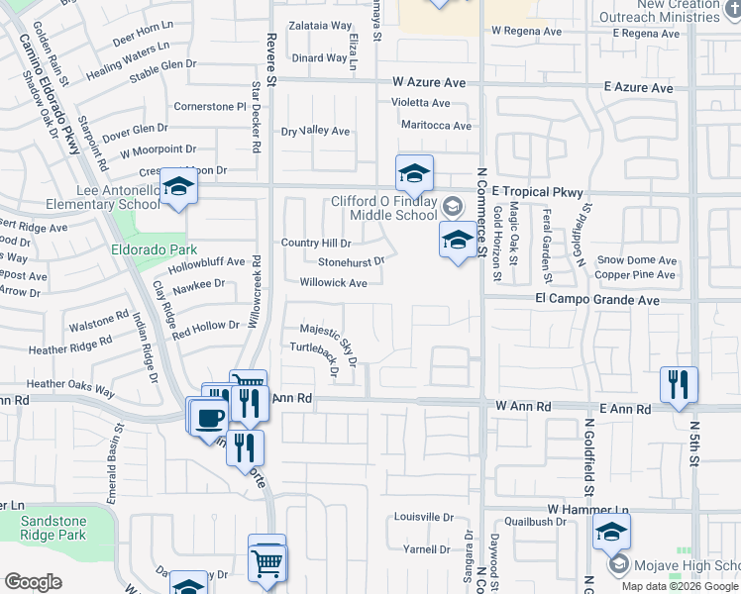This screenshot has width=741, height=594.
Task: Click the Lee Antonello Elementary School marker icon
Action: click(178, 186)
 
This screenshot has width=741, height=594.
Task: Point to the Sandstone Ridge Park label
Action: click(53, 528)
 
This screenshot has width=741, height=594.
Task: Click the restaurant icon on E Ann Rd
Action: click(679, 382)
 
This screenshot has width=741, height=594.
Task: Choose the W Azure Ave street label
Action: click(428, 82)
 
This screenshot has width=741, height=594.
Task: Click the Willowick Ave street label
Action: click(334, 283)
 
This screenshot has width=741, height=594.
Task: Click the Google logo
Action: click(34, 582)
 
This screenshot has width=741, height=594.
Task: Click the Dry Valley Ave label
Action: click(316, 132)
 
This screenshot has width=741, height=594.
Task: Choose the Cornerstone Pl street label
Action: click(209, 106)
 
